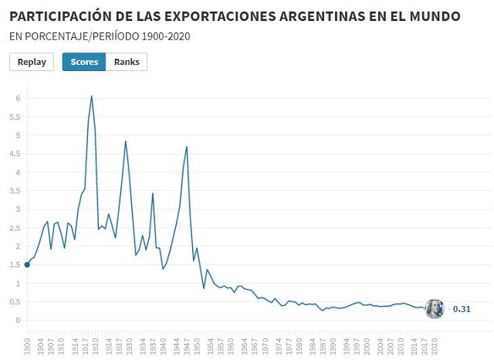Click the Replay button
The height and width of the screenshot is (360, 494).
32,63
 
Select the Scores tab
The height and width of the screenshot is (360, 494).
84,63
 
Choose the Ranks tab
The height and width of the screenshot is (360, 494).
127,63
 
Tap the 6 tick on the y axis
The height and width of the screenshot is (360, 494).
18,98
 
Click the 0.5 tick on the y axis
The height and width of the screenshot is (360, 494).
15,302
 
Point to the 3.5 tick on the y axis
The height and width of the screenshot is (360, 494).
15,191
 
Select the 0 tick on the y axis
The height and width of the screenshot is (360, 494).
18,321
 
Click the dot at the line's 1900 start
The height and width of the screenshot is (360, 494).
28,265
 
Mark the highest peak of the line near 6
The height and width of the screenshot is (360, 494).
92,96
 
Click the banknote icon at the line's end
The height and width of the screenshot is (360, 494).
435,309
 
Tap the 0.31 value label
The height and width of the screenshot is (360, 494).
462,309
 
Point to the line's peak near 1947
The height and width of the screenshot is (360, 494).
187,146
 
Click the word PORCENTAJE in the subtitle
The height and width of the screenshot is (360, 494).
53,36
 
